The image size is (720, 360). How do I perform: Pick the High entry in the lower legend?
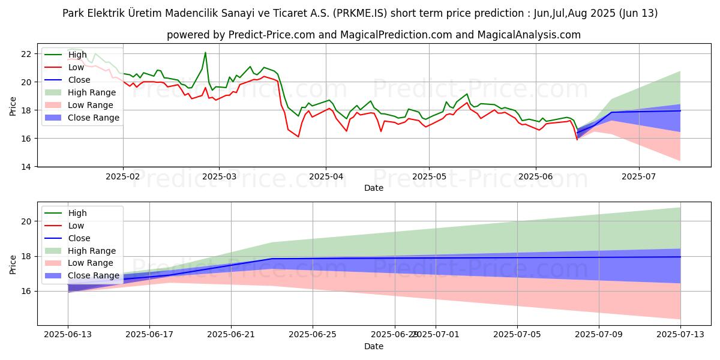77,213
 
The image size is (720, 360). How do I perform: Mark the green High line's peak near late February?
205,52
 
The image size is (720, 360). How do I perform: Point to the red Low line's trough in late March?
298,137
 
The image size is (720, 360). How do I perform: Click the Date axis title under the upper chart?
374,188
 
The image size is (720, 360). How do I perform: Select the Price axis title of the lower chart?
13,264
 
